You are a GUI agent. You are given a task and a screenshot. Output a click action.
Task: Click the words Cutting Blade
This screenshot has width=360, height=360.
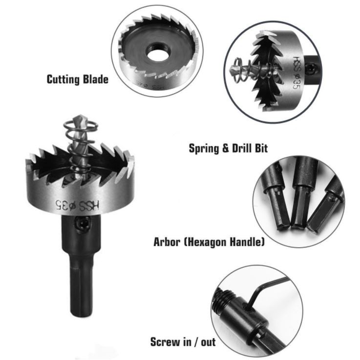coord(77,80)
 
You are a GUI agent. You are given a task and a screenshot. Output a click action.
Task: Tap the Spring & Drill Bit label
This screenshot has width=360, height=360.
coord(228,148)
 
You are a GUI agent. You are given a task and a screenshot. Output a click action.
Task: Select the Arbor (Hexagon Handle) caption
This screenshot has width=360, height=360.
coord(209,242)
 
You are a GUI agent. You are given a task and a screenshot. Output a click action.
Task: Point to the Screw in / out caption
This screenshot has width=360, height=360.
coord(183,342)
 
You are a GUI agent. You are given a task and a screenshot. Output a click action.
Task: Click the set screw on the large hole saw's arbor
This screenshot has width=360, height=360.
coord(82,223)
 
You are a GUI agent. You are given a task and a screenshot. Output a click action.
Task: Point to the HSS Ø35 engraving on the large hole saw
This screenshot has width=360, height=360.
coord(77,205)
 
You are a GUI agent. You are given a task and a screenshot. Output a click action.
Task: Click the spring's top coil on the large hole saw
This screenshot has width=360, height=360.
coord(81,126)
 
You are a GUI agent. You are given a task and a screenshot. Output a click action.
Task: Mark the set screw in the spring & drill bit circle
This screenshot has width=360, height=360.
coord(311,69)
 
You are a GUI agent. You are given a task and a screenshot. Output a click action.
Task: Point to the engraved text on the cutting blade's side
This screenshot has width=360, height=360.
coord(150,85)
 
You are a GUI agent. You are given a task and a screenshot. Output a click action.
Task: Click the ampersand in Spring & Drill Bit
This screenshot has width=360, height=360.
coord(226,148)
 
